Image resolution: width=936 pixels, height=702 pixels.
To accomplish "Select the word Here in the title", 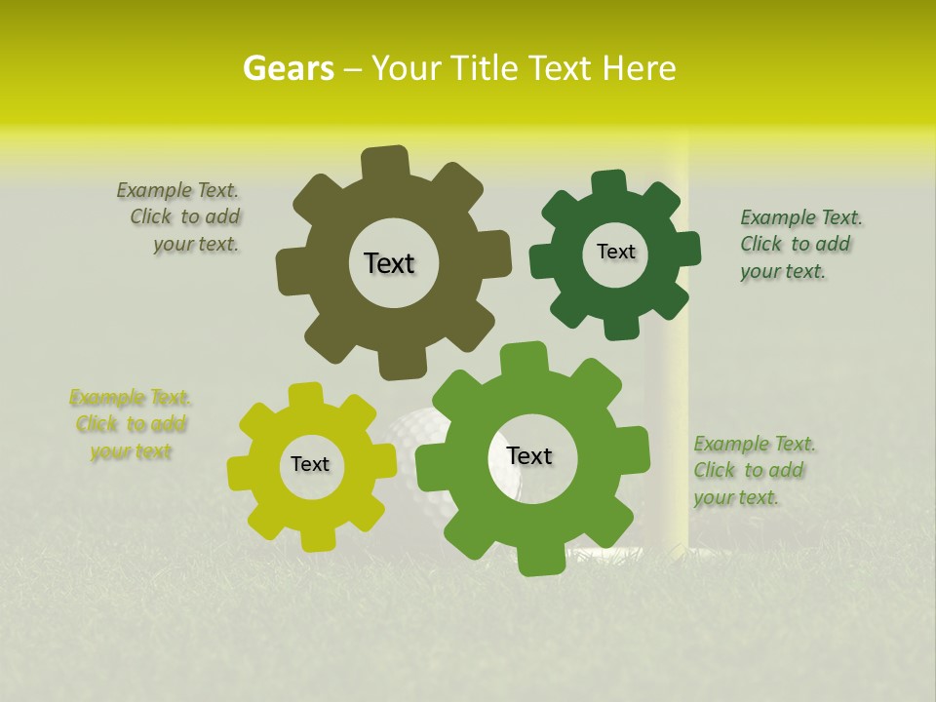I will [640, 68].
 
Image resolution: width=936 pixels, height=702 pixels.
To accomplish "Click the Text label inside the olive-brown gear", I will [389, 263].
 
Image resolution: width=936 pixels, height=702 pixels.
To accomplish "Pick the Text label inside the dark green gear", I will [615, 252].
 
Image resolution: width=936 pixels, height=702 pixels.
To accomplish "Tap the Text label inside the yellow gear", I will [310, 464].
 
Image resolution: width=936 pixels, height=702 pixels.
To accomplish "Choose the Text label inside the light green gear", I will [529, 455].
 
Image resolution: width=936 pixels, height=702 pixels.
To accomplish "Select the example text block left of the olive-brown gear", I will [181, 217].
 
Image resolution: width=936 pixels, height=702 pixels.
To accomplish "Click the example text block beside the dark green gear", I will [799, 244].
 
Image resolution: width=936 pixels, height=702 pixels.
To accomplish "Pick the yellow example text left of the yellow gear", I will [130, 424].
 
